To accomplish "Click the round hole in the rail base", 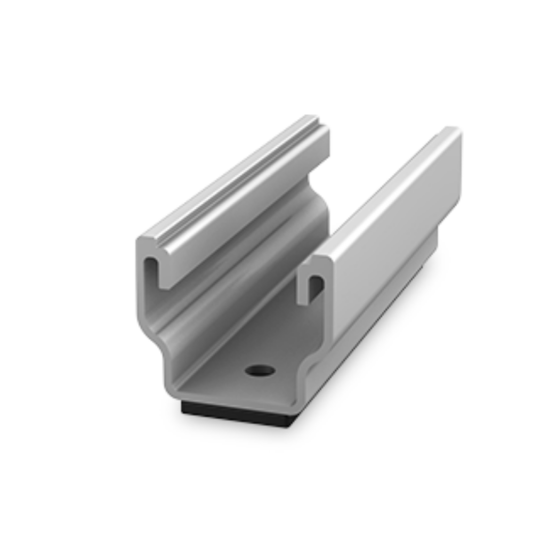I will coord(261,370).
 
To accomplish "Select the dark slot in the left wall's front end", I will coord(150,270).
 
